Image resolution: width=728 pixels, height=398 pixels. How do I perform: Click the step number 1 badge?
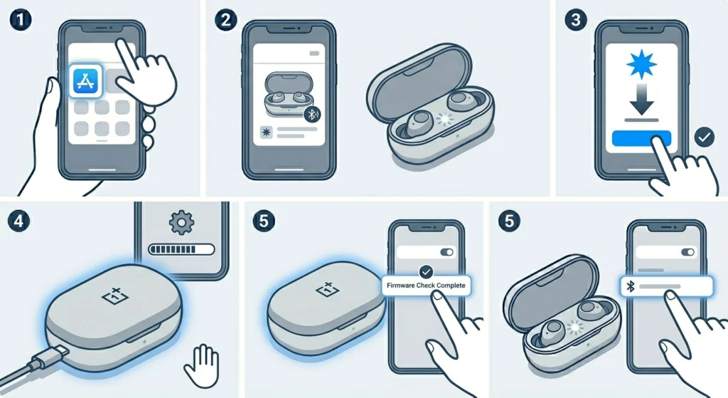click(x=21, y=20)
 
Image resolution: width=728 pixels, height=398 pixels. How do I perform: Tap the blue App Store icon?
click(x=86, y=81)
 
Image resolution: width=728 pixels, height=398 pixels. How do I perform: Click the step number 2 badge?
click(x=226, y=20)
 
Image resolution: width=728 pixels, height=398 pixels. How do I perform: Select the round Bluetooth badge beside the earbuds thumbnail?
click(x=313, y=114)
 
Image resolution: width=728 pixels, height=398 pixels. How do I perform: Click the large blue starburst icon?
click(x=641, y=64)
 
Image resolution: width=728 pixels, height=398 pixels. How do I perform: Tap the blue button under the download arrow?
click(x=641, y=139)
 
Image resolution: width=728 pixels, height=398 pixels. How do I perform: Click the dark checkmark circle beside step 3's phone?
click(x=705, y=137)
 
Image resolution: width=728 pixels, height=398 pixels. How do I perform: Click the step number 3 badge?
click(x=576, y=20)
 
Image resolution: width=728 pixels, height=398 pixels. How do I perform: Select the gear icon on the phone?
click(x=181, y=223)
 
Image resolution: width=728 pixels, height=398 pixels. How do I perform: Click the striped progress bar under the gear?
click(x=181, y=250)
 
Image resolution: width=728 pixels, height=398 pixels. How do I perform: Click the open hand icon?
click(x=202, y=365)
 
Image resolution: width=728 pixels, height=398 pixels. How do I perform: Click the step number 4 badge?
click(x=18, y=221)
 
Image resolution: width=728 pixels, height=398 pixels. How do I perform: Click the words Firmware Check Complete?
click(x=426, y=286)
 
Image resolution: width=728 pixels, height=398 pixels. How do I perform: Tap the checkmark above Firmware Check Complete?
click(x=426, y=271)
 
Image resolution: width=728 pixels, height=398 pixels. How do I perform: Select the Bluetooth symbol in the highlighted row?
click(x=631, y=286)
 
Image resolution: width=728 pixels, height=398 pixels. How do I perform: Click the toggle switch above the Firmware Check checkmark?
click(x=446, y=252)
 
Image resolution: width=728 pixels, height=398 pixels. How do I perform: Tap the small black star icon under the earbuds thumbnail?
click(x=267, y=132)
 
